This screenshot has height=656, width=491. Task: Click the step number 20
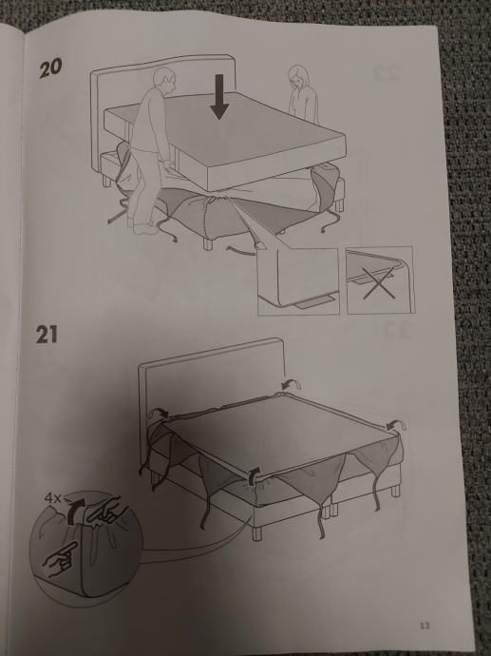(50, 68)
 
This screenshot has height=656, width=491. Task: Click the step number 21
(47, 335)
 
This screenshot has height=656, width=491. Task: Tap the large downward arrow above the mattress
(219, 97)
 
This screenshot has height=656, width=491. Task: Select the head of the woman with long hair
(299, 77)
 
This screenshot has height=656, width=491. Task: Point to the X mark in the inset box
(379, 282)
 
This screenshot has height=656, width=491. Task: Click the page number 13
(425, 626)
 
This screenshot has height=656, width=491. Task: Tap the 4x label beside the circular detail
(52, 498)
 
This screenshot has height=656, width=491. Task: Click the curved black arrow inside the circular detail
(76, 510)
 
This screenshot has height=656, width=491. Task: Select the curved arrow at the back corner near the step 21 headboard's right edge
(291, 383)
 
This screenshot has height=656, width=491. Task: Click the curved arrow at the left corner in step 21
(160, 413)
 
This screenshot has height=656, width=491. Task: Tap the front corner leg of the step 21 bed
(256, 533)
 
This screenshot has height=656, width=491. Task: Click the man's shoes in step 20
(144, 227)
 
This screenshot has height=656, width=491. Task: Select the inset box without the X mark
(298, 280)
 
